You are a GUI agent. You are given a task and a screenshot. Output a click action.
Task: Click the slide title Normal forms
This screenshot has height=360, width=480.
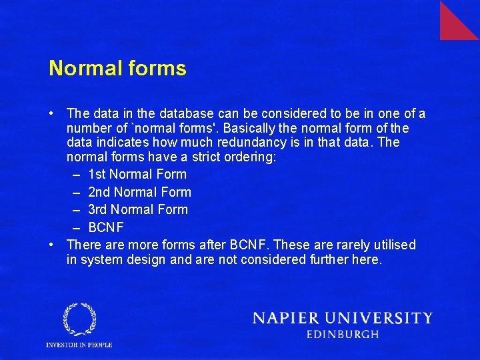(x=117, y=68)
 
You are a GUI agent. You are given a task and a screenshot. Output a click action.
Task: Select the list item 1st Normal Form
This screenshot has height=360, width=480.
(x=137, y=175)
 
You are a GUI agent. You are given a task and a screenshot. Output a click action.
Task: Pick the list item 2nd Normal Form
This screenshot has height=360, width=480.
(x=139, y=192)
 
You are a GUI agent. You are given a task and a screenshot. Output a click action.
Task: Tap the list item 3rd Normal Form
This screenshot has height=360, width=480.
(x=138, y=209)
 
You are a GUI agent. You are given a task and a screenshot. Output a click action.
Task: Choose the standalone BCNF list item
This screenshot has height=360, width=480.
(x=106, y=227)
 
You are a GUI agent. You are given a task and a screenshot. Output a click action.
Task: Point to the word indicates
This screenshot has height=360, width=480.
(x=125, y=142)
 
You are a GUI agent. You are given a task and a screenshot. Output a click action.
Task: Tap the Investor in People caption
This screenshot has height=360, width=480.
(x=79, y=345)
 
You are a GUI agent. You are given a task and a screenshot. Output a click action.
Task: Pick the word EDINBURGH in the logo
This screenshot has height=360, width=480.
(x=343, y=335)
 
